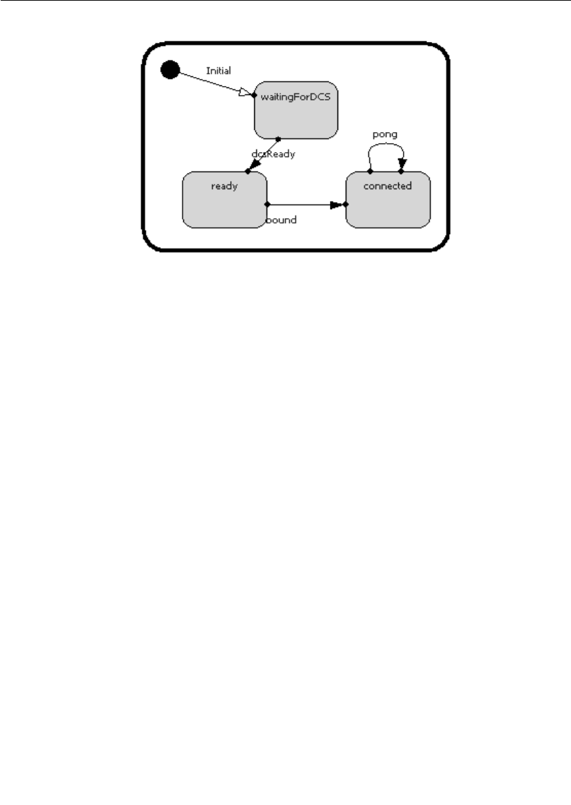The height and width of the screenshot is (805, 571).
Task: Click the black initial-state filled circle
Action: [169, 69]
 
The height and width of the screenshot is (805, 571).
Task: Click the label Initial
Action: [218, 70]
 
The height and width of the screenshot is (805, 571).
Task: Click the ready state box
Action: [224, 206]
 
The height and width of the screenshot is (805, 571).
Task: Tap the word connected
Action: [387, 186]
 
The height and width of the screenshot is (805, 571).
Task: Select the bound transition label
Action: [282, 220]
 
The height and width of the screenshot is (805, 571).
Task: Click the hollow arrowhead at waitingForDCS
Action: [247, 92]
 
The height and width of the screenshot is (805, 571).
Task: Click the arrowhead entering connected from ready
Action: [337, 204]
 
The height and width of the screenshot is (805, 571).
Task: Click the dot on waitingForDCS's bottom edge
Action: [278, 138]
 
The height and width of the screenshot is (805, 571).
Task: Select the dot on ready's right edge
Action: [267, 204]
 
